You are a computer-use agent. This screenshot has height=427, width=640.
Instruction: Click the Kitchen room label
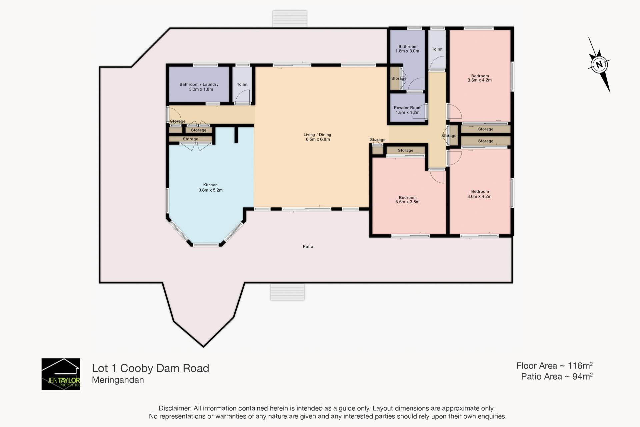210,185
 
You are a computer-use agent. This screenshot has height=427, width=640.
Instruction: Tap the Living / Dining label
317,135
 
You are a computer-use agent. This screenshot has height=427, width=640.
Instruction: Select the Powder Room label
408,108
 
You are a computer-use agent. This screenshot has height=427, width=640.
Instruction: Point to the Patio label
308,246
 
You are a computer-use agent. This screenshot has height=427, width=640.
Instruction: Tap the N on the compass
599,64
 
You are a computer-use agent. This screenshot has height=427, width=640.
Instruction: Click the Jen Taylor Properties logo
61,374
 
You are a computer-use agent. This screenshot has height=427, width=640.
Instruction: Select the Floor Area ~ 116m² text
554,366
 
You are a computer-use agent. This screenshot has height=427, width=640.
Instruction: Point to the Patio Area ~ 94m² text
557,376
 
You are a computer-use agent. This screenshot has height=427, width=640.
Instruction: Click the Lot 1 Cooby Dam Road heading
150,368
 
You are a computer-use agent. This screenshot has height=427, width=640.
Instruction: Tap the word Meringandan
118,380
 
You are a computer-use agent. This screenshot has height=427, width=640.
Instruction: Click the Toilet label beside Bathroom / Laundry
242,84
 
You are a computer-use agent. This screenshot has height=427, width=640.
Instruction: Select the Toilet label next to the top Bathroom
437,49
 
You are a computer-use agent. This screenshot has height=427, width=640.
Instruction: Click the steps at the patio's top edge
290,19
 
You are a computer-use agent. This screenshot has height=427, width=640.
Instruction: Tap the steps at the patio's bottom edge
287,292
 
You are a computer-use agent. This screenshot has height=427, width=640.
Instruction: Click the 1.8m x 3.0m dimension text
407,51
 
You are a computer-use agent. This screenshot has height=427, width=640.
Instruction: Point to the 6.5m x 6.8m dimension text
318,139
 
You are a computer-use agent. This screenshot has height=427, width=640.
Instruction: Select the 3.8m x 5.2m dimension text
211,190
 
